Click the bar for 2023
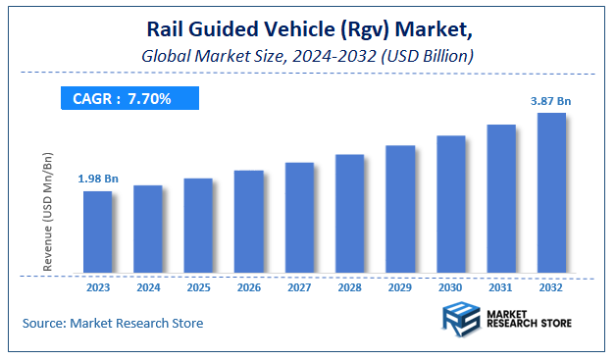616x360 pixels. [x=97, y=233]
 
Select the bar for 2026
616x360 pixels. [x=249, y=223]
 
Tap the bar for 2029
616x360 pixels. [x=400, y=210]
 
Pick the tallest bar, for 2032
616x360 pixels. [x=551, y=194]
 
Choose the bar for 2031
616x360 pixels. [x=501, y=200]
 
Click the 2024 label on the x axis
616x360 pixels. [x=147, y=289]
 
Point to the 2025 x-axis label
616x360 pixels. [x=198, y=289]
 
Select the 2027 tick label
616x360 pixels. [x=299, y=289]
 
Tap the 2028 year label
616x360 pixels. [x=349, y=289]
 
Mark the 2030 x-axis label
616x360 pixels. [x=450, y=289]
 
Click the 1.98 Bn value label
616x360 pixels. [x=97, y=178]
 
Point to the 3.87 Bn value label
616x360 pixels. [x=551, y=100]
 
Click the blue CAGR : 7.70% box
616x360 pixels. [x=128, y=97]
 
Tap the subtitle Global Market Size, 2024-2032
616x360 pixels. [x=307, y=56]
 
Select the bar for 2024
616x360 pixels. [x=147, y=231]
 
